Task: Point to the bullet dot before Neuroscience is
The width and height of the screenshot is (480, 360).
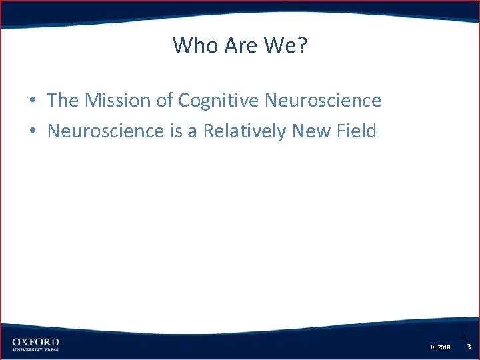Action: click(32, 131)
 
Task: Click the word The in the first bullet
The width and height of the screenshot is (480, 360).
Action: click(63, 101)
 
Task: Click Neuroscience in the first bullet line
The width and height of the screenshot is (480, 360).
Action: click(323, 101)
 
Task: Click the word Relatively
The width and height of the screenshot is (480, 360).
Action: click(245, 131)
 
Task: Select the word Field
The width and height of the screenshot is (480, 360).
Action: click(357, 131)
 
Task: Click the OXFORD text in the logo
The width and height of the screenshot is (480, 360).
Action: click(35, 342)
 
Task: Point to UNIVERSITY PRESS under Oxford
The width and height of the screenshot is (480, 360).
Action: click(35, 350)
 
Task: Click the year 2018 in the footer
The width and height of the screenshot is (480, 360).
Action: click(444, 347)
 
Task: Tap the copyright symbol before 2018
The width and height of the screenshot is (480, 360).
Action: click(433, 347)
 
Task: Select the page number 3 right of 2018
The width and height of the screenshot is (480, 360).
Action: click(469, 347)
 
